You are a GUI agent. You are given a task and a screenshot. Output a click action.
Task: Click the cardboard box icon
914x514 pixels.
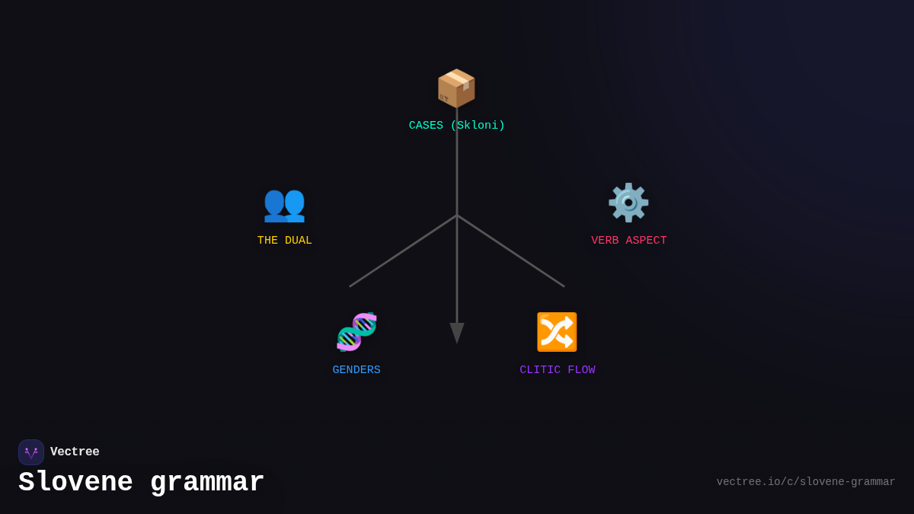(x=456, y=88)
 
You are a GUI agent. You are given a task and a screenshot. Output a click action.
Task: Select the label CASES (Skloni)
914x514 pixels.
(x=456, y=126)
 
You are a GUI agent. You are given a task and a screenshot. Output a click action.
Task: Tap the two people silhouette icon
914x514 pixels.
(x=284, y=203)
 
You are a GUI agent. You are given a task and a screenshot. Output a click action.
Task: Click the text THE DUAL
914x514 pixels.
(x=284, y=241)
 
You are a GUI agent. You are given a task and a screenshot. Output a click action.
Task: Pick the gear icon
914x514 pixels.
(x=628, y=203)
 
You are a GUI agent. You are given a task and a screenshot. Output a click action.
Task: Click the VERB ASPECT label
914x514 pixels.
(x=628, y=241)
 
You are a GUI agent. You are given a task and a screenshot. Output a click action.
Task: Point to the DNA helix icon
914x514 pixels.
(x=356, y=332)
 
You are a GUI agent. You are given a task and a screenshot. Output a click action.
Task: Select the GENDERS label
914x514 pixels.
(x=356, y=370)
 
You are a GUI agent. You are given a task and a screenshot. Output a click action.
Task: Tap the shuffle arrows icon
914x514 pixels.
(x=557, y=332)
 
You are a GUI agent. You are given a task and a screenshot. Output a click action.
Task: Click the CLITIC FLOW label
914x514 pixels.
(x=558, y=370)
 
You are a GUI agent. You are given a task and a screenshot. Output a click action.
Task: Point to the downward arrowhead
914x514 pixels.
(x=457, y=333)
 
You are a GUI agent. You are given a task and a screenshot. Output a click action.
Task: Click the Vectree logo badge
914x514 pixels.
(x=31, y=452)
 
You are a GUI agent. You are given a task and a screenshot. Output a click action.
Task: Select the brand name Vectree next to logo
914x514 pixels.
(x=75, y=452)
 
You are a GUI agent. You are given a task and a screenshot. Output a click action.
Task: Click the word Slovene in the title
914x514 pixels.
(x=75, y=483)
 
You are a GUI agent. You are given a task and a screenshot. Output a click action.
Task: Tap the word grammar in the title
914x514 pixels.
(x=207, y=483)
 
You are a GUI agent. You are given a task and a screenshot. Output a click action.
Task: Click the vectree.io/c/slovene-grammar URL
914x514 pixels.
(x=806, y=482)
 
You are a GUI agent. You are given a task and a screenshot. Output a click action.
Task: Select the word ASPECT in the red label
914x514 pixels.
(x=646, y=241)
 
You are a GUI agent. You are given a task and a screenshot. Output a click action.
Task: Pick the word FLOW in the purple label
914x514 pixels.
(x=581, y=370)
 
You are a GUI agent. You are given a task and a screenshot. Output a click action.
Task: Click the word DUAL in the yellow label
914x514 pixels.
(x=298, y=241)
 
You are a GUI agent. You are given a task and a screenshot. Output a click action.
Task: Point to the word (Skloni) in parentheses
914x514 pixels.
(x=478, y=126)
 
